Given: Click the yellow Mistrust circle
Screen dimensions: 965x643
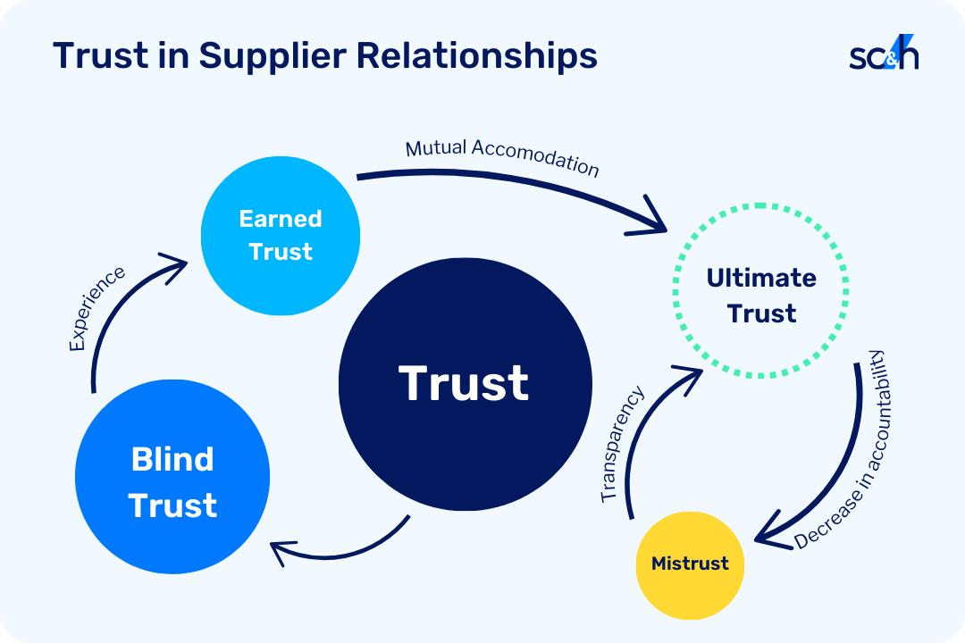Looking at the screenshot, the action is click(x=690, y=564).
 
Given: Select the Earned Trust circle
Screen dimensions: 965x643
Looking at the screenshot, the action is click(x=281, y=236).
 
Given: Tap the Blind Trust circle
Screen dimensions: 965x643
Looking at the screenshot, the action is click(x=172, y=476).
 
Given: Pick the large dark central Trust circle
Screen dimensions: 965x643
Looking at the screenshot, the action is click(x=466, y=384).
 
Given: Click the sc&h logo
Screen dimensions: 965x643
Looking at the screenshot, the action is click(x=884, y=53).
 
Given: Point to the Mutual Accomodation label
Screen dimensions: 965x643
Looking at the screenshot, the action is click(x=502, y=156).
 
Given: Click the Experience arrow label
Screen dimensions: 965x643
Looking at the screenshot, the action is click(x=96, y=309).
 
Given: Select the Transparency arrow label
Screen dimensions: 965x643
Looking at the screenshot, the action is click(x=622, y=444).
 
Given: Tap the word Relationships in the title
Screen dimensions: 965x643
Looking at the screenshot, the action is click(x=477, y=56).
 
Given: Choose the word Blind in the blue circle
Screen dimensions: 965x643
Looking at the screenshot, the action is click(x=172, y=459).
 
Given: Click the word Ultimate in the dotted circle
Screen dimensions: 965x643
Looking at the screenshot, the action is click(x=761, y=278).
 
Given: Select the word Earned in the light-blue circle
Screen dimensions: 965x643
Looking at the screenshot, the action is click(x=281, y=219).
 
